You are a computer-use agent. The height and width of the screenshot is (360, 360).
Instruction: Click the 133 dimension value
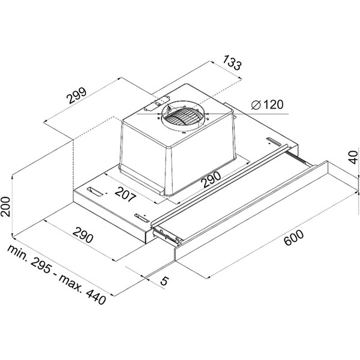(232, 62)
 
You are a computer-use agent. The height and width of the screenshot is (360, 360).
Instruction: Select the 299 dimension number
(77, 95)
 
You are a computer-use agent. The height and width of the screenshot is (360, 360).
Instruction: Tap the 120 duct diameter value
(273, 104)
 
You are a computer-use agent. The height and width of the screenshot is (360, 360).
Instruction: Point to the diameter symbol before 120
(256, 105)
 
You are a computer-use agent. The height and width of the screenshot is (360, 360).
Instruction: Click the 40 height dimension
(353, 157)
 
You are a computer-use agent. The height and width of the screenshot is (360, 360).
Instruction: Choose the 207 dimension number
(125, 194)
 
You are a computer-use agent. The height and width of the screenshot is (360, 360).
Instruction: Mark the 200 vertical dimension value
(5, 206)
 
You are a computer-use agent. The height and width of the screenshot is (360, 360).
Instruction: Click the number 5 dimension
(164, 281)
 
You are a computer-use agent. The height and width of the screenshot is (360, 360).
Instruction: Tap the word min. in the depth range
(18, 253)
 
